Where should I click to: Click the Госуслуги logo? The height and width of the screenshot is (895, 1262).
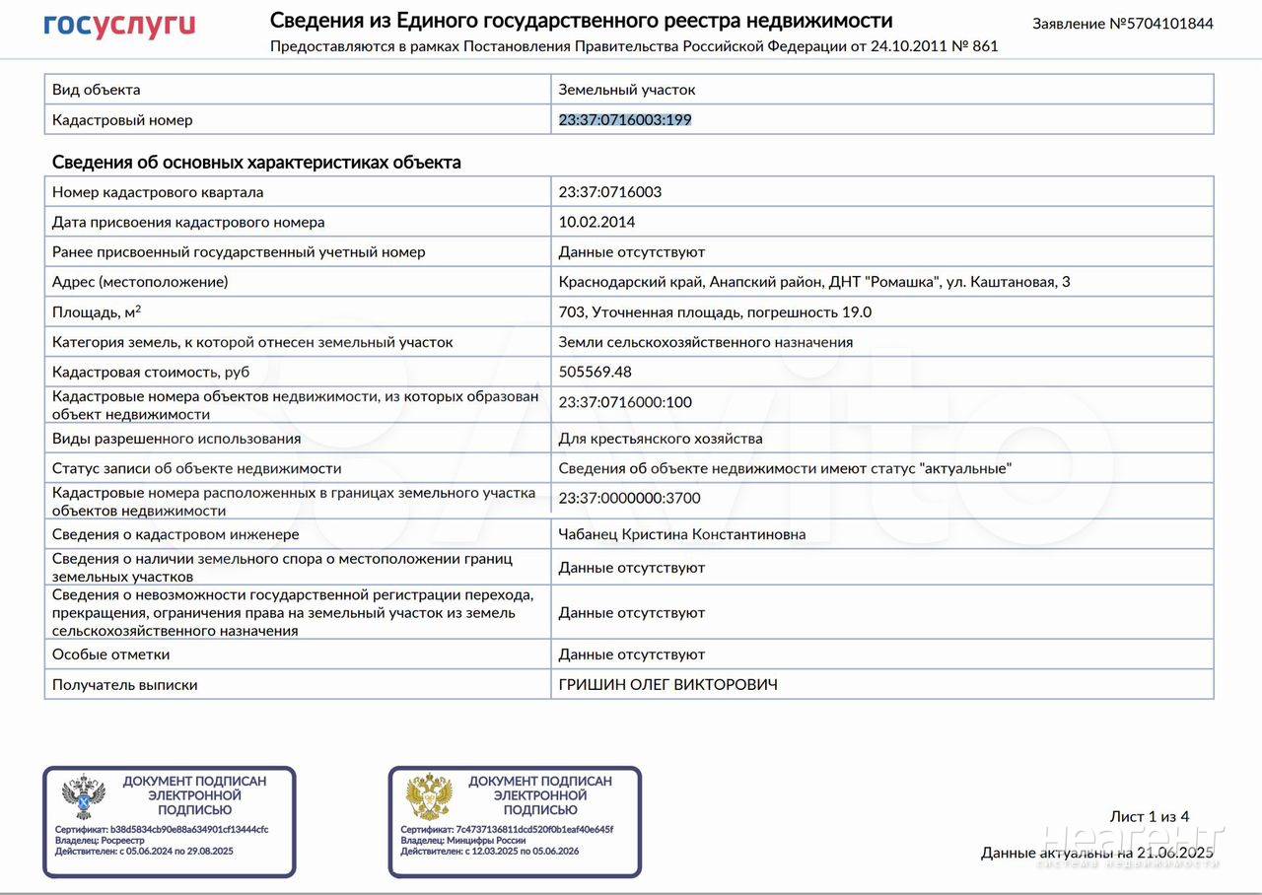coord(119,26)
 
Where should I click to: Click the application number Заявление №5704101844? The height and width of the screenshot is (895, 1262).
coord(1122,24)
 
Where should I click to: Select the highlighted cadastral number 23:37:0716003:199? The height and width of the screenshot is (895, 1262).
coord(625,120)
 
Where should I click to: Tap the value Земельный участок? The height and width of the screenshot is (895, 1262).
coord(627,90)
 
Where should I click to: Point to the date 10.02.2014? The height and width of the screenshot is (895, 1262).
coord(596,223)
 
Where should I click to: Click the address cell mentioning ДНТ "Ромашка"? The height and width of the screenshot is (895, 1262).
coord(814,283)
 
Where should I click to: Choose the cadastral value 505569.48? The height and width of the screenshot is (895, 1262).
coord(595,373)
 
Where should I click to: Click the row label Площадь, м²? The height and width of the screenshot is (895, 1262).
coord(97,312)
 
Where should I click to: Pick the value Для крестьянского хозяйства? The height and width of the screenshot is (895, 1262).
coord(661,439)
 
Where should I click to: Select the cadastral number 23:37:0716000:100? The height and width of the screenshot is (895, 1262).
coord(625,402)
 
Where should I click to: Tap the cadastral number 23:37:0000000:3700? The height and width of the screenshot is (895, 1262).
coord(629,499)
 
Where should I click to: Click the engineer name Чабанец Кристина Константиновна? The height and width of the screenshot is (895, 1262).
coord(682,534)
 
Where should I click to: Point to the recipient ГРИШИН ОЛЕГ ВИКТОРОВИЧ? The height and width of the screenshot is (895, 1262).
coord(667,685)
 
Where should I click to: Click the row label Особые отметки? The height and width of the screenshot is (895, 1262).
coord(110,654)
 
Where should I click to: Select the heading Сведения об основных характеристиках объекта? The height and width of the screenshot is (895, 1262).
coord(256,163)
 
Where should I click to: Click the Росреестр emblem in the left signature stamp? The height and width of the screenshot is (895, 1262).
coord(83,797)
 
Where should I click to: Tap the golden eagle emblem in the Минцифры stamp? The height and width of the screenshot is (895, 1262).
coord(429,797)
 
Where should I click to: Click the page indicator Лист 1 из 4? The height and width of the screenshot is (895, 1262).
coord(1149,817)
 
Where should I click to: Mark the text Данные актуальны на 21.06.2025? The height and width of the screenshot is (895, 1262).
coord(1096,853)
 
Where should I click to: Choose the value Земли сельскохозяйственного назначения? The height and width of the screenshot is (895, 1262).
coord(705,343)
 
